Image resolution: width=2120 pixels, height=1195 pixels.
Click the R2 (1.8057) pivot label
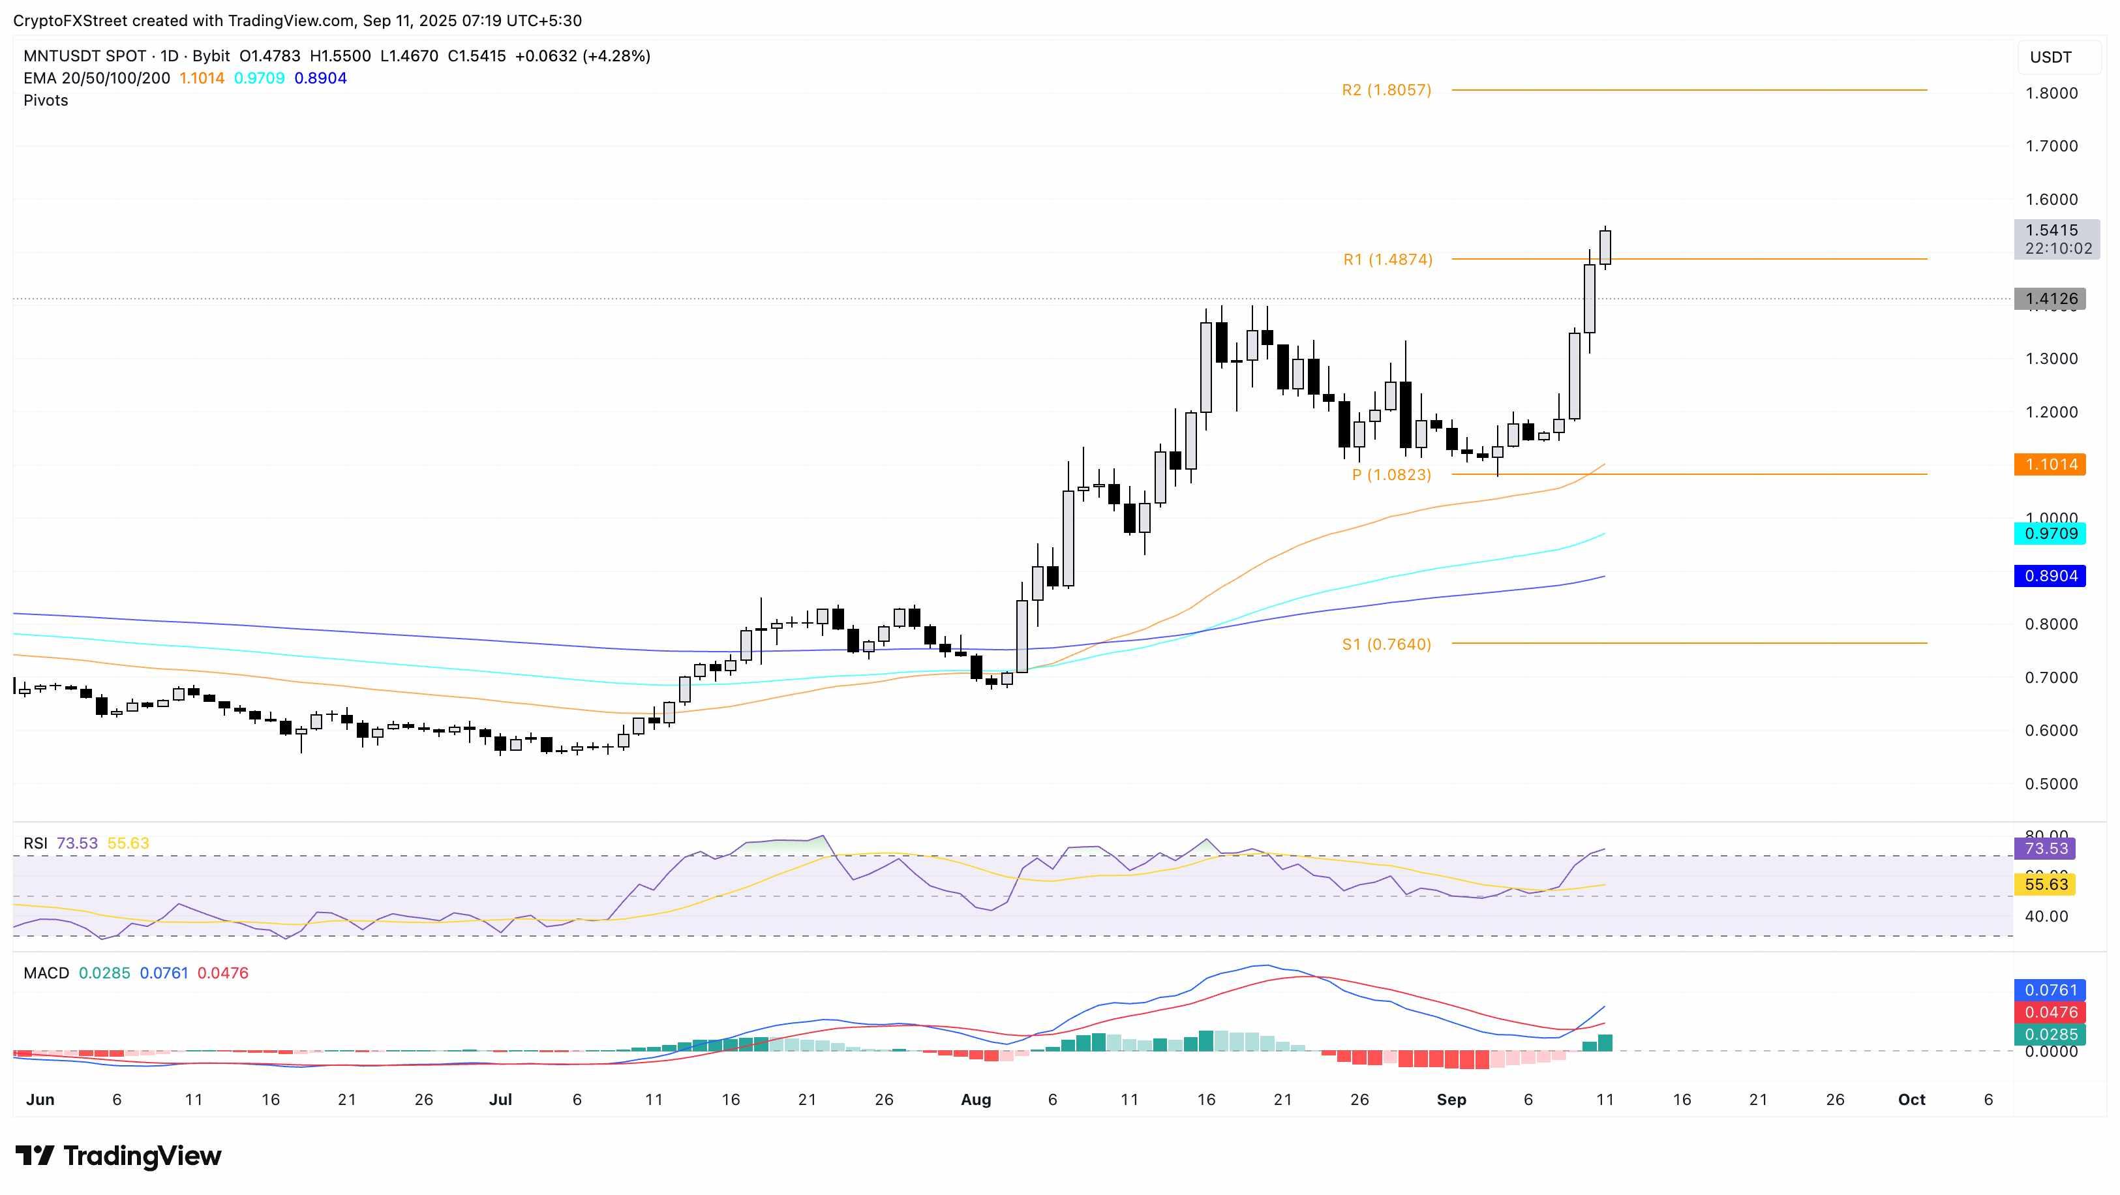(1386, 90)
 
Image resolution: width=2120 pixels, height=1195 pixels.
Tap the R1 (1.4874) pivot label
(1387, 259)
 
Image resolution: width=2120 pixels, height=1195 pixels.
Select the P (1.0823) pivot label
(1391, 475)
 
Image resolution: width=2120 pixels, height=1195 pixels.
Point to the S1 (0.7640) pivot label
(1386, 644)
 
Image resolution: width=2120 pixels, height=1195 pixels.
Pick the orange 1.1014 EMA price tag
(2050, 464)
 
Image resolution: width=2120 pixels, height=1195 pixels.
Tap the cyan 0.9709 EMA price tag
(2050, 534)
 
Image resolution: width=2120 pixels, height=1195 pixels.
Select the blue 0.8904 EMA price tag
(2050, 576)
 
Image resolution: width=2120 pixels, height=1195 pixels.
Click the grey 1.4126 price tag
(2050, 299)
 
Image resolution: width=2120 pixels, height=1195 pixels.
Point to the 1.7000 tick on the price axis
(2051, 145)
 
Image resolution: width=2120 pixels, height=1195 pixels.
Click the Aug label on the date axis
(975, 1100)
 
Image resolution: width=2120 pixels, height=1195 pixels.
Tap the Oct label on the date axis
(1911, 1100)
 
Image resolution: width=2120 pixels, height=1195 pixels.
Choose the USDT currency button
(2050, 57)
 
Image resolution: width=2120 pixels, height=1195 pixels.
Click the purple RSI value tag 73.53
(2045, 849)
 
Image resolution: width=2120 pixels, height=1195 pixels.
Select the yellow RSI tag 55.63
(2045, 885)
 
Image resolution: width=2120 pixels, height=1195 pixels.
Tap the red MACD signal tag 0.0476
(2050, 1012)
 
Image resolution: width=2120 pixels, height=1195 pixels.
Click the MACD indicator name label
(46, 973)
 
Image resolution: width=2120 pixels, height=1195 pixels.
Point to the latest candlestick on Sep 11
(1605, 248)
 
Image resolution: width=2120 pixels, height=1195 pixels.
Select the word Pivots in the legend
(46, 100)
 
